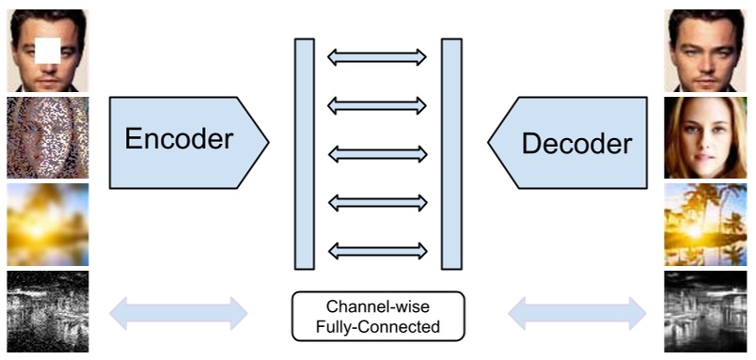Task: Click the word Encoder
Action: [179, 140]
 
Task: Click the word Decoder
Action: [576, 144]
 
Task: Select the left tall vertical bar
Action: [304, 153]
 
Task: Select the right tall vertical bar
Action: [451, 153]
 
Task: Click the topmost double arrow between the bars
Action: [377, 58]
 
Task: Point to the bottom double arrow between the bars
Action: [377, 250]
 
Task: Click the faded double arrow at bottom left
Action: [179, 313]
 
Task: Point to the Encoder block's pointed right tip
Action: [267, 142]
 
